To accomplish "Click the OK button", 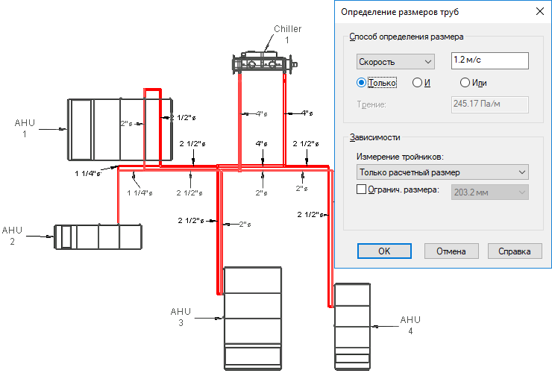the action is tap(384, 251).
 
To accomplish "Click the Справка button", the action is tap(515, 251).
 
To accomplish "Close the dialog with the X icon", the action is tap(539, 11).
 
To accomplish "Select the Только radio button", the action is tap(361, 83).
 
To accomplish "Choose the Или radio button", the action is tap(465, 83).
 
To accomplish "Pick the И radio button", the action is tap(417, 83).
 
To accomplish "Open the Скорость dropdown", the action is tap(395, 62).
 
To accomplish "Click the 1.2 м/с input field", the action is tap(489, 60).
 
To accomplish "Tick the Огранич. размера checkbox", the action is tap(361, 189).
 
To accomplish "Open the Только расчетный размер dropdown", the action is tap(442, 172).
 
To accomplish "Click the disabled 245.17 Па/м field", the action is tap(489, 104).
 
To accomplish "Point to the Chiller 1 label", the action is tap(288, 34).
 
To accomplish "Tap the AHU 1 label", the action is tap(25, 128).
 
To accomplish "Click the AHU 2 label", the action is tap(13, 236).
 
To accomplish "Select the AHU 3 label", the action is tap(181, 317).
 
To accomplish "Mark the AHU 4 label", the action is tap(410, 325).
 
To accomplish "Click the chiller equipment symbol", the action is tap(264, 63).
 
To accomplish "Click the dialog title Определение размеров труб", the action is tap(400, 12).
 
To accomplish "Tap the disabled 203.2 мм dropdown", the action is tap(489, 192).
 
